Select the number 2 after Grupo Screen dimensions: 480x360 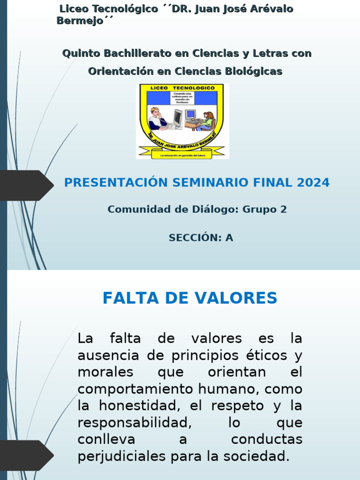tap(283, 210)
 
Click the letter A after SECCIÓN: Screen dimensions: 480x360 tap(229, 238)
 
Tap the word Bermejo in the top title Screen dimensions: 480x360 tap(80, 21)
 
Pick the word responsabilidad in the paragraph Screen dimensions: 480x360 tap(135, 423)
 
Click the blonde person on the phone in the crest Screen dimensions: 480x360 tap(157, 118)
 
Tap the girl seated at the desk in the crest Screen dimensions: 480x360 tap(207, 120)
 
